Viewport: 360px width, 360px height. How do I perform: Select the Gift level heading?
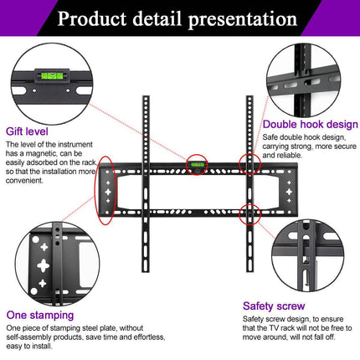pos(26,131)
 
